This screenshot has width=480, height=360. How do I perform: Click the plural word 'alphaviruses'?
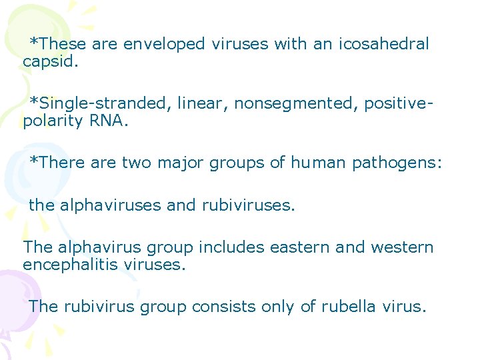111,205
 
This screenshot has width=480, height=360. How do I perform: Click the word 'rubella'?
349,307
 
